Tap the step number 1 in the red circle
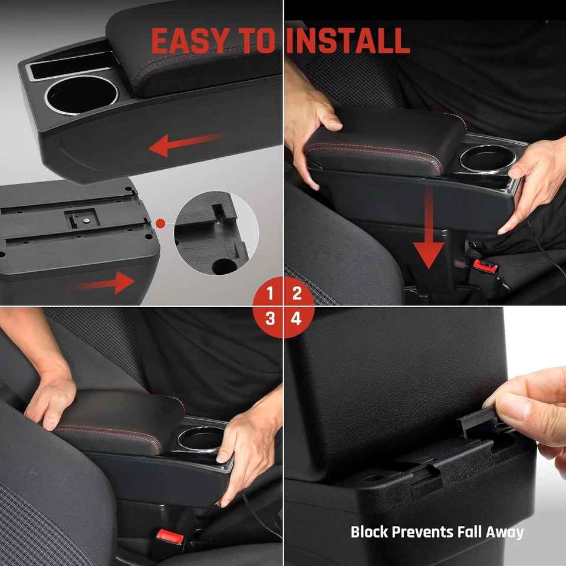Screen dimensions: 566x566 point(270,293)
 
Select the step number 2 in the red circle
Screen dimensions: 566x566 point(297,293)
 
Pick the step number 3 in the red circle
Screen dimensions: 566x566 point(270,320)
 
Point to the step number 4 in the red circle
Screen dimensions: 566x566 point(297,320)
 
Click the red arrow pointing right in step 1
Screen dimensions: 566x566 point(106,283)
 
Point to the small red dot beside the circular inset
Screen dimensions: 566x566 point(160,223)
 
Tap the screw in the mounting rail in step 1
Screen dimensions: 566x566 point(86,220)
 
